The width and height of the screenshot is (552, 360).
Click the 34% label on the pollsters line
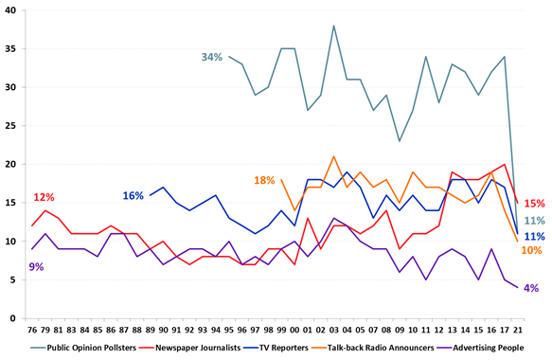click(211, 58)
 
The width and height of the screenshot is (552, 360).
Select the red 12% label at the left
click(44, 197)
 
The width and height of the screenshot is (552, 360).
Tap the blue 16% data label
click(133, 196)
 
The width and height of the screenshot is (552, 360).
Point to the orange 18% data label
click(263, 180)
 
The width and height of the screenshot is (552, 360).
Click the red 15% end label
click(533, 203)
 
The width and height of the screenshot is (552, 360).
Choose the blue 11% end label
click(533, 236)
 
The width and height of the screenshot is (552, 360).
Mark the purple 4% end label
click(532, 288)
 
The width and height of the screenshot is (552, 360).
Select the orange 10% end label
click(532, 250)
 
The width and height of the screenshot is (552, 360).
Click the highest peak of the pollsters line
click(334, 26)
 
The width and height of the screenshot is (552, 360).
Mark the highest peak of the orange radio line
click(334, 156)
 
